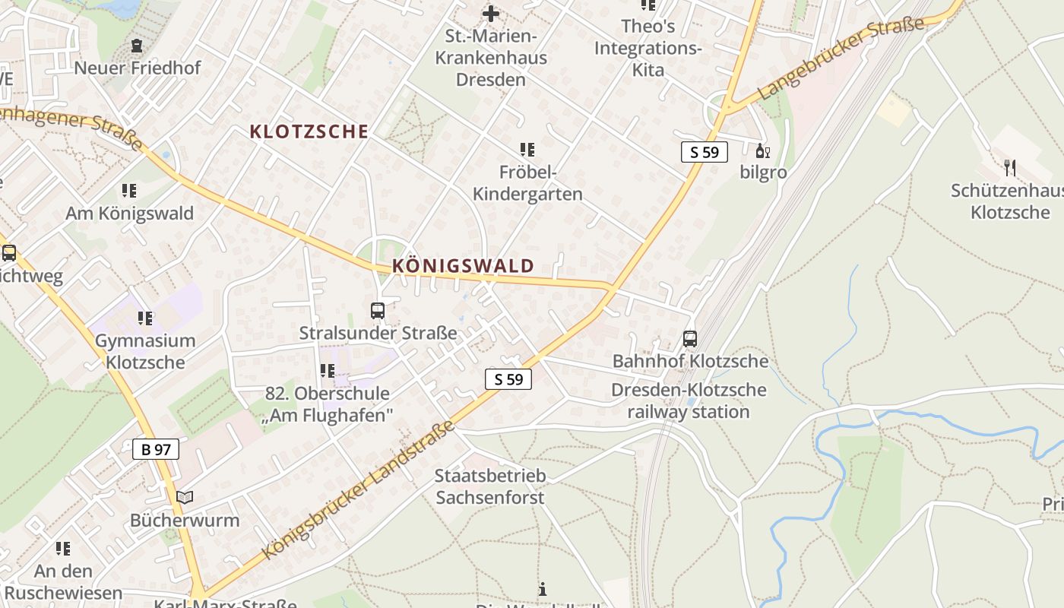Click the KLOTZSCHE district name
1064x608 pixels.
pyautogui.click(x=309, y=131)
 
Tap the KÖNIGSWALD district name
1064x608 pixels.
pyautogui.click(x=463, y=266)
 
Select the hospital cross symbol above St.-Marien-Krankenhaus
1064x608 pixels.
pyautogui.click(x=491, y=13)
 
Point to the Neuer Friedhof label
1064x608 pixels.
pyautogui.click(x=138, y=68)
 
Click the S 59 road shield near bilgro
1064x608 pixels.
pyautogui.click(x=704, y=152)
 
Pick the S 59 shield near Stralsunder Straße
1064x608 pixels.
pyautogui.click(x=508, y=379)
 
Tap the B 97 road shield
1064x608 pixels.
pyautogui.click(x=156, y=449)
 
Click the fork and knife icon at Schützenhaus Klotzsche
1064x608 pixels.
pyautogui.click(x=1009, y=168)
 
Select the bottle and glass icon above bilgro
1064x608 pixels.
pyautogui.click(x=762, y=150)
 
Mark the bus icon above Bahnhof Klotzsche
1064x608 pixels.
pyautogui.click(x=690, y=339)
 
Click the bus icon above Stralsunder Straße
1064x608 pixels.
pyautogui.click(x=378, y=311)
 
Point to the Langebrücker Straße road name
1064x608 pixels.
pyautogui.click(x=841, y=57)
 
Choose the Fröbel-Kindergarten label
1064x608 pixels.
pyautogui.click(x=527, y=183)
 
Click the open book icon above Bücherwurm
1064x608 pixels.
pyautogui.click(x=185, y=498)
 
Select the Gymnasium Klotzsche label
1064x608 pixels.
pyautogui.click(x=145, y=351)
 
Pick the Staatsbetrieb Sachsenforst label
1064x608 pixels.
pyautogui.click(x=490, y=487)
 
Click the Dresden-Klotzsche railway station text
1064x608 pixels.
pyautogui.click(x=689, y=401)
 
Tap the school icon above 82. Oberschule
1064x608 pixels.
pyautogui.click(x=327, y=371)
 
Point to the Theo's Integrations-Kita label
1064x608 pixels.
pyautogui.click(x=648, y=48)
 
